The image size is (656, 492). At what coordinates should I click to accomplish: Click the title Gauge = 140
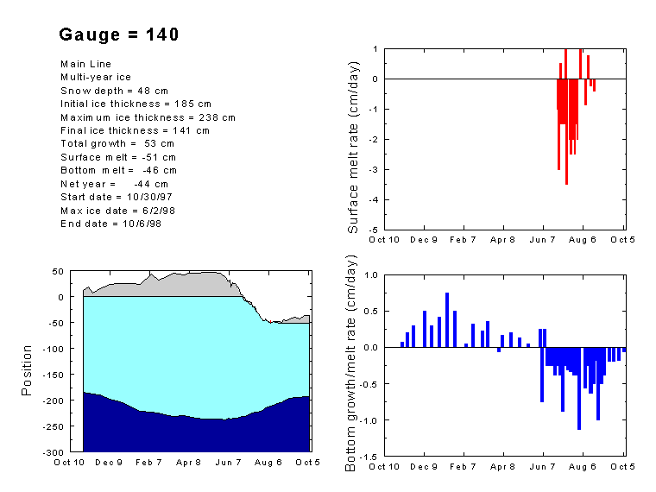119,35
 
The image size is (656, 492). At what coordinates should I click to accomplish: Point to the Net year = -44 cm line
114,184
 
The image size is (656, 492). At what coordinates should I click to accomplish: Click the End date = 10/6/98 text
110,224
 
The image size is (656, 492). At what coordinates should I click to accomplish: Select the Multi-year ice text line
96,77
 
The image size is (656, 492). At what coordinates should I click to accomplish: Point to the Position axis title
27,370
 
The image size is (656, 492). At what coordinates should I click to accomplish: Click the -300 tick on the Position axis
54,452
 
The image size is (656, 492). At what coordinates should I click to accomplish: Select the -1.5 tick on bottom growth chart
370,457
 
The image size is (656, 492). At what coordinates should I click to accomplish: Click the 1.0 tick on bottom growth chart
372,274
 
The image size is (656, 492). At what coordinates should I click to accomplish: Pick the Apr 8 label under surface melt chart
503,239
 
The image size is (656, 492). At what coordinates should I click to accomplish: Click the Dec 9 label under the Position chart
109,463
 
